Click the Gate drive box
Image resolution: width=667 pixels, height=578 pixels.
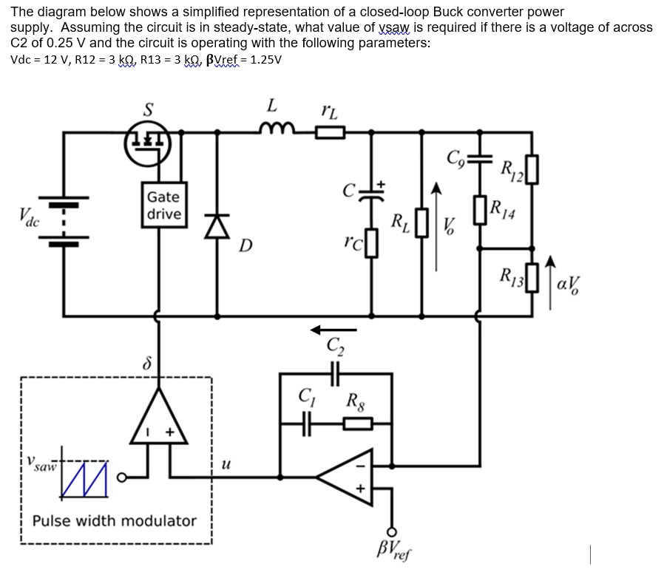[x=163, y=205]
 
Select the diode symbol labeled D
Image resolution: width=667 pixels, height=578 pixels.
[x=217, y=225]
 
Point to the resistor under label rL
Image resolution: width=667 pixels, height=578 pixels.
[x=330, y=133]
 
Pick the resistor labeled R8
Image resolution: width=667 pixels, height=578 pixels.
[x=357, y=424]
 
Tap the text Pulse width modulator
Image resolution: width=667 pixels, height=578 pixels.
[x=115, y=520]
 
